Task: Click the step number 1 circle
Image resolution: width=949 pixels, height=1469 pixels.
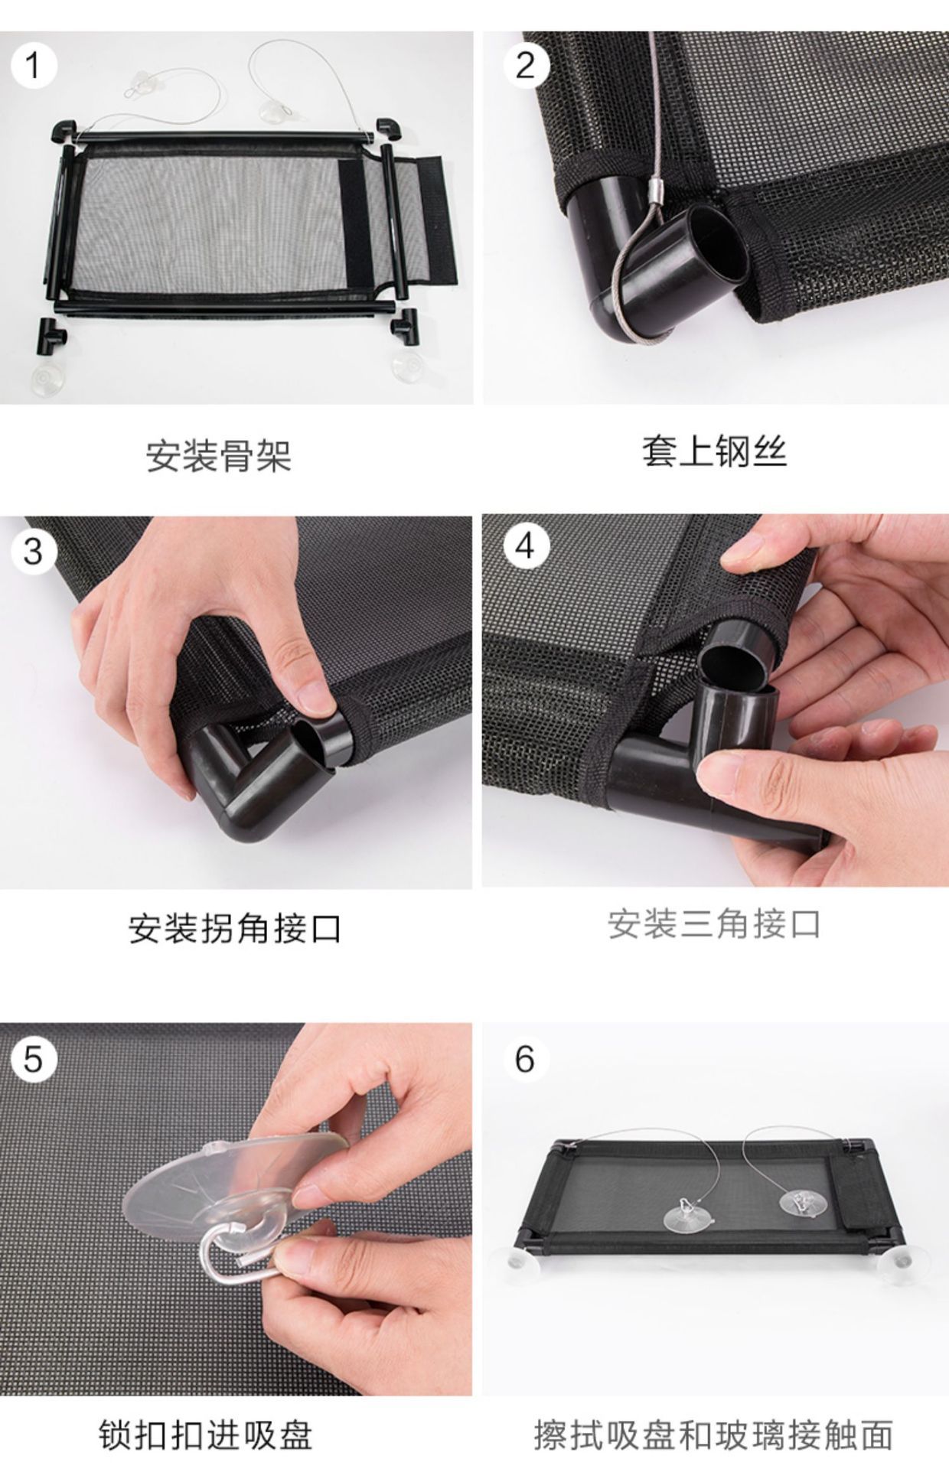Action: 33,66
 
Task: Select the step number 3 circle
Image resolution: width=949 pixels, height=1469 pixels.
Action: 33,551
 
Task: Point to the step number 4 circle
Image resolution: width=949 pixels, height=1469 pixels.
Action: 526,546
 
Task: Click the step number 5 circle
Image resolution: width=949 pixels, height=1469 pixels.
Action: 33,1060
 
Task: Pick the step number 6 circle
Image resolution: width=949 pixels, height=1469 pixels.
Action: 526,1060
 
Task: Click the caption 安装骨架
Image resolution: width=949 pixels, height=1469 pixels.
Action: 220,456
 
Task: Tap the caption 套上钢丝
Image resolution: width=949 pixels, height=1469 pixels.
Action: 714,451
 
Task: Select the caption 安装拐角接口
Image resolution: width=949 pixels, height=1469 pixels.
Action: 235,928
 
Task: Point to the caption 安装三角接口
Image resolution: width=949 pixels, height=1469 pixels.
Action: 714,923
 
